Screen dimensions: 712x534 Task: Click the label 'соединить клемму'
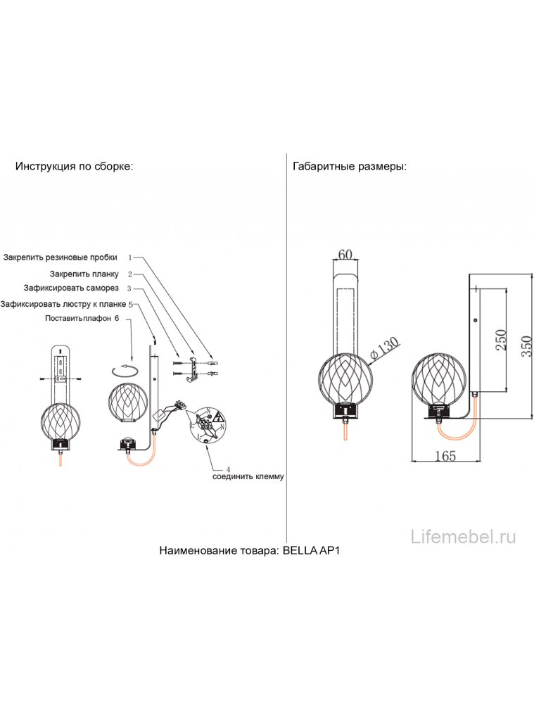(x=248, y=477)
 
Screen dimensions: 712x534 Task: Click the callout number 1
(x=130, y=258)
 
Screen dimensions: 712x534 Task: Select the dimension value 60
(x=345, y=255)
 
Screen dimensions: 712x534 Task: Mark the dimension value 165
(x=445, y=456)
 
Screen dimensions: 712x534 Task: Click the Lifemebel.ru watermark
(x=464, y=537)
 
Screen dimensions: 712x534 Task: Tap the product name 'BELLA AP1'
(x=311, y=552)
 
